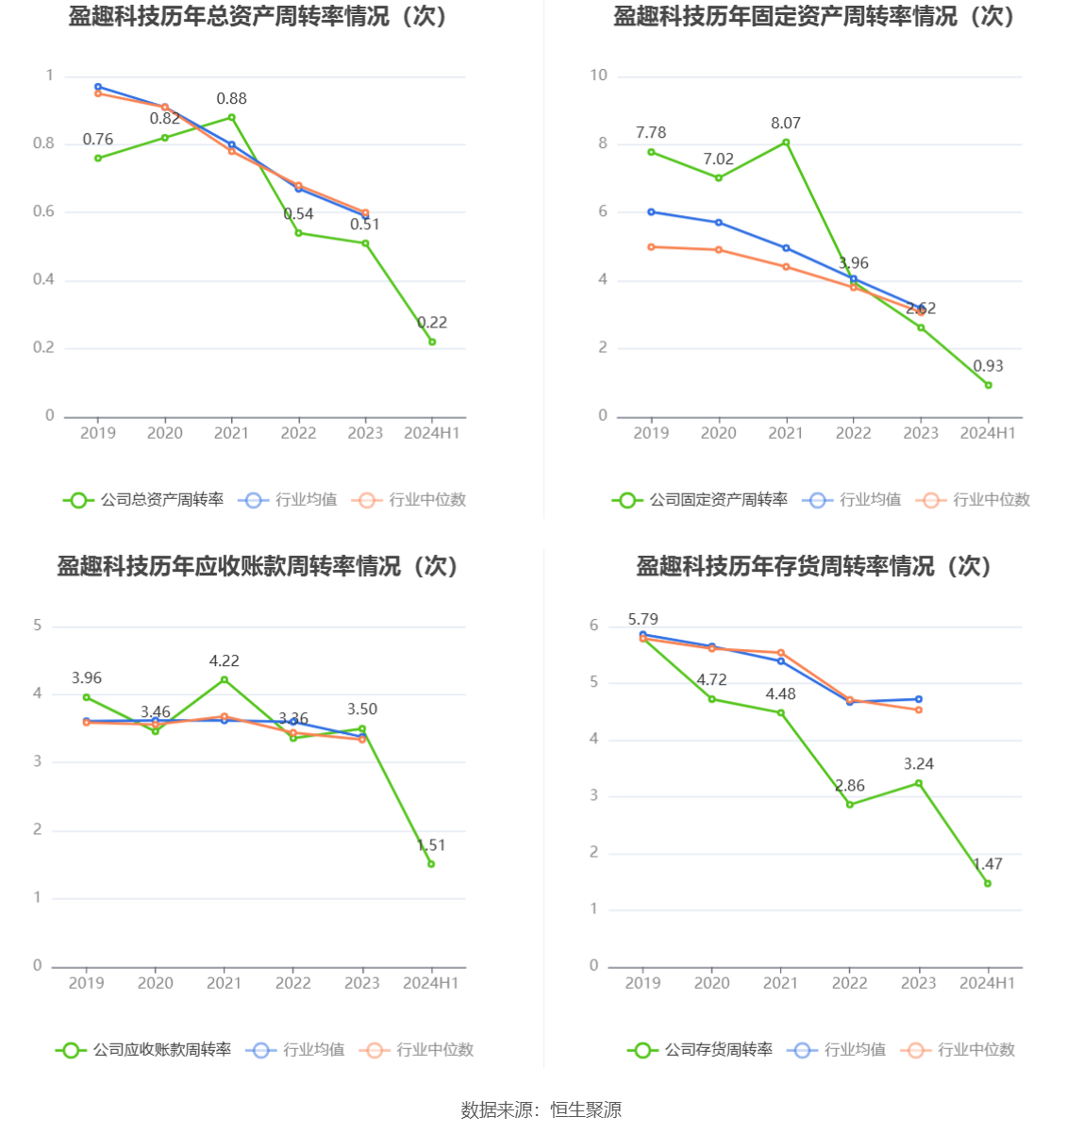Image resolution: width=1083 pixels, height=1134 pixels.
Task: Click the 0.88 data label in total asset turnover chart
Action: pos(231,99)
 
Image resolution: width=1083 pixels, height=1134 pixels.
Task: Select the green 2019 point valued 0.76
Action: pos(98,158)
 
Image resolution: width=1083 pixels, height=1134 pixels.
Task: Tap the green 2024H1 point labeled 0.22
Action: pos(432,342)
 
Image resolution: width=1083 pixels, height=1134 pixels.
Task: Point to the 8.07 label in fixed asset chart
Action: pos(785,124)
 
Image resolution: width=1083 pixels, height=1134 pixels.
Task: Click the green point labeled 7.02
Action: pos(719,178)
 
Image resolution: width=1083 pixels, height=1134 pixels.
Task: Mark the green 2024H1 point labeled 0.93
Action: pos(988,385)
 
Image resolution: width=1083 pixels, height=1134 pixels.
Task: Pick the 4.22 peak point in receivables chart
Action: pos(225,679)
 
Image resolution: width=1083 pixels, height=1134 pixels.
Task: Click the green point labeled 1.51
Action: pos(431,864)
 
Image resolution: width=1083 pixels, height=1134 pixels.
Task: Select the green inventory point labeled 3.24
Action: pos(919,783)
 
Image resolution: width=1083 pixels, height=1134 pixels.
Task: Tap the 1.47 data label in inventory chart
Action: pos(988,864)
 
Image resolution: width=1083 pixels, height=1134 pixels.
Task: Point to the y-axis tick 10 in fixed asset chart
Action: pos(599,75)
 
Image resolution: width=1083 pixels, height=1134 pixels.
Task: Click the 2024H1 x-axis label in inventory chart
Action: pos(988,983)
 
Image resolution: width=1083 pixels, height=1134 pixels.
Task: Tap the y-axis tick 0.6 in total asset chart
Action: pos(44,211)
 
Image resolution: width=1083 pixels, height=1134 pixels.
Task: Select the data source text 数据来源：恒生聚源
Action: pos(541,1110)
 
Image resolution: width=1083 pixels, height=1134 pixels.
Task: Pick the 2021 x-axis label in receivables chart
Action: pos(225,983)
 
